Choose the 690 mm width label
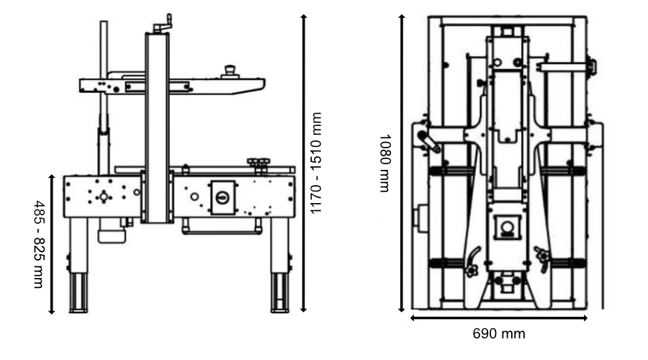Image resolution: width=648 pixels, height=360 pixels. pyautogui.click(x=498, y=334)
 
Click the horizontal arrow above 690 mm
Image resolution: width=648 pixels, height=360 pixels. pyautogui.click(x=498, y=317)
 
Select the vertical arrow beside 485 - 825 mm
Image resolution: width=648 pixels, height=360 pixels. pyautogui.click(x=53, y=243)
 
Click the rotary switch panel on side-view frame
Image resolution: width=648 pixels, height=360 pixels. pyautogui.click(x=222, y=196)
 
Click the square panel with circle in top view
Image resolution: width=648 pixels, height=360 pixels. pyautogui.click(x=507, y=230)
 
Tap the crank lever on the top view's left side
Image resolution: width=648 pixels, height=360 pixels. pyautogui.click(x=430, y=143)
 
